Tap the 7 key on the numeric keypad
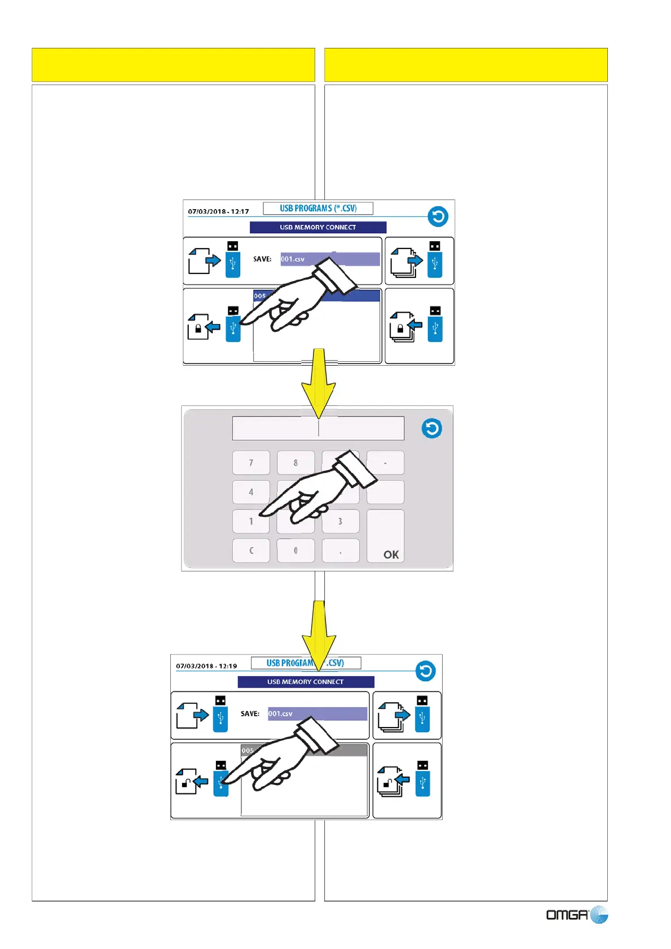point(251,463)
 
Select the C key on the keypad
point(251,551)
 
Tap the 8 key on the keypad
point(295,463)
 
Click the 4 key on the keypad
point(251,492)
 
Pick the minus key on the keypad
point(385,463)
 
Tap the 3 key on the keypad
point(340,521)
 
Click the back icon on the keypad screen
point(432,428)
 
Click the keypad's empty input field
point(318,428)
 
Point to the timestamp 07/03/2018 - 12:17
point(218,211)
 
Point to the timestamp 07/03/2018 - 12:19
point(206,666)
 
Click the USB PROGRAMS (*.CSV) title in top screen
point(318,209)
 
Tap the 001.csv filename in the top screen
point(293,259)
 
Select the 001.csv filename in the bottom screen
point(280,714)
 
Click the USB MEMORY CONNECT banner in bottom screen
point(306,682)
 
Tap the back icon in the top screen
point(438,216)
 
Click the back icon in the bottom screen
point(426,671)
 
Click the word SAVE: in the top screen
point(262,259)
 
